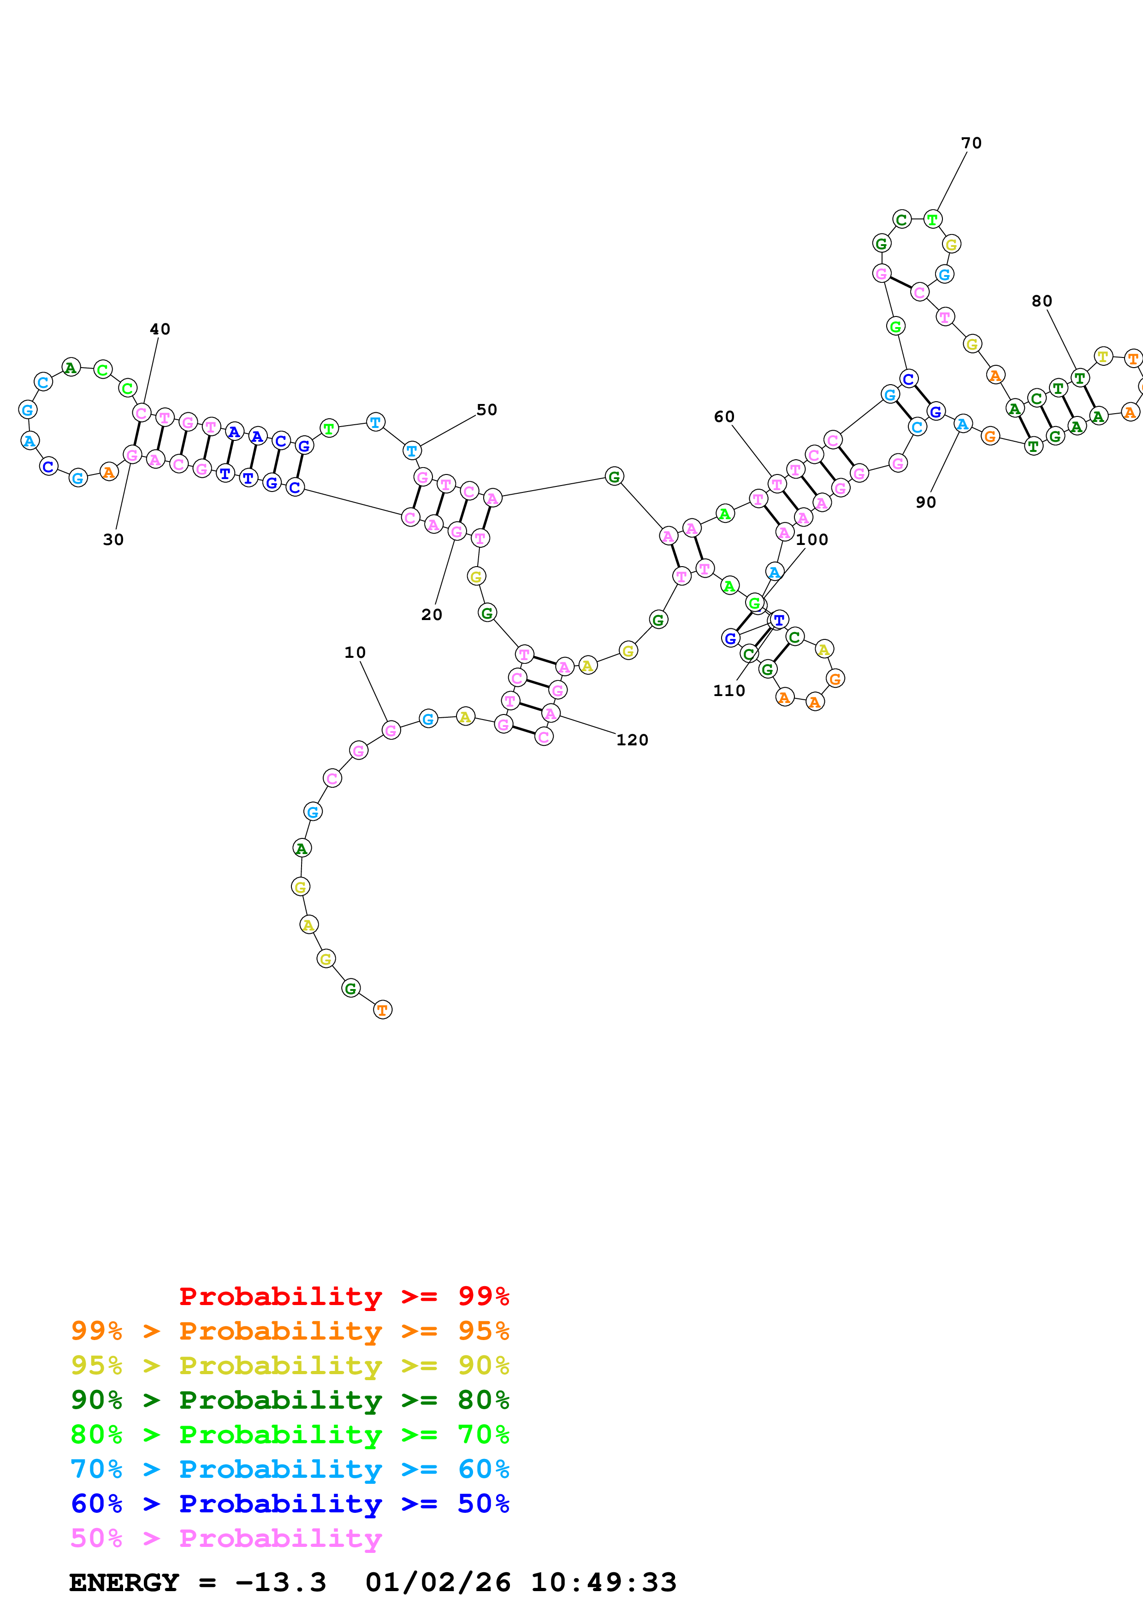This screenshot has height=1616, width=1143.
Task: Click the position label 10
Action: click(355, 652)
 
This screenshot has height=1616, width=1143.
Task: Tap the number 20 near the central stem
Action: click(432, 615)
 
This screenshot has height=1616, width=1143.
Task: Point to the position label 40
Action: click(160, 329)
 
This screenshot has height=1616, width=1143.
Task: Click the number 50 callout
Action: click(486, 410)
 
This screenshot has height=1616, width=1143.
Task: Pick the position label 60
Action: click(724, 417)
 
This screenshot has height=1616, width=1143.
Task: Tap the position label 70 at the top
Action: click(971, 143)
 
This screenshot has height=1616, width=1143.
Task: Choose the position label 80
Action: click(1042, 301)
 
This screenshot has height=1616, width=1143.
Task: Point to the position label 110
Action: click(729, 691)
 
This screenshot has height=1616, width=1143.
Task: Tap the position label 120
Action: click(632, 740)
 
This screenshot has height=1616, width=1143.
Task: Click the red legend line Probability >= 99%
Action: click(343, 1296)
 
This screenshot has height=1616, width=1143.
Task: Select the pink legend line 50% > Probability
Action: click(225, 1537)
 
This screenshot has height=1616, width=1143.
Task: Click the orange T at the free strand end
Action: click(382, 1010)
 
